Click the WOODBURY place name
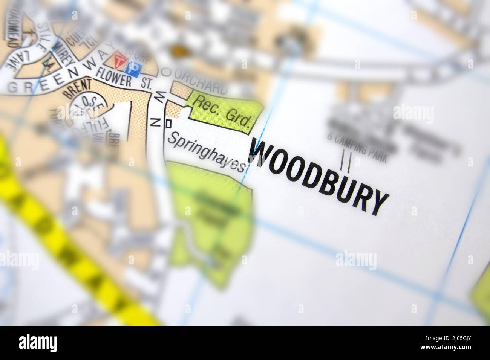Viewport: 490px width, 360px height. point(318,177)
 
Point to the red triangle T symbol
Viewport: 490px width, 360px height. point(119,61)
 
